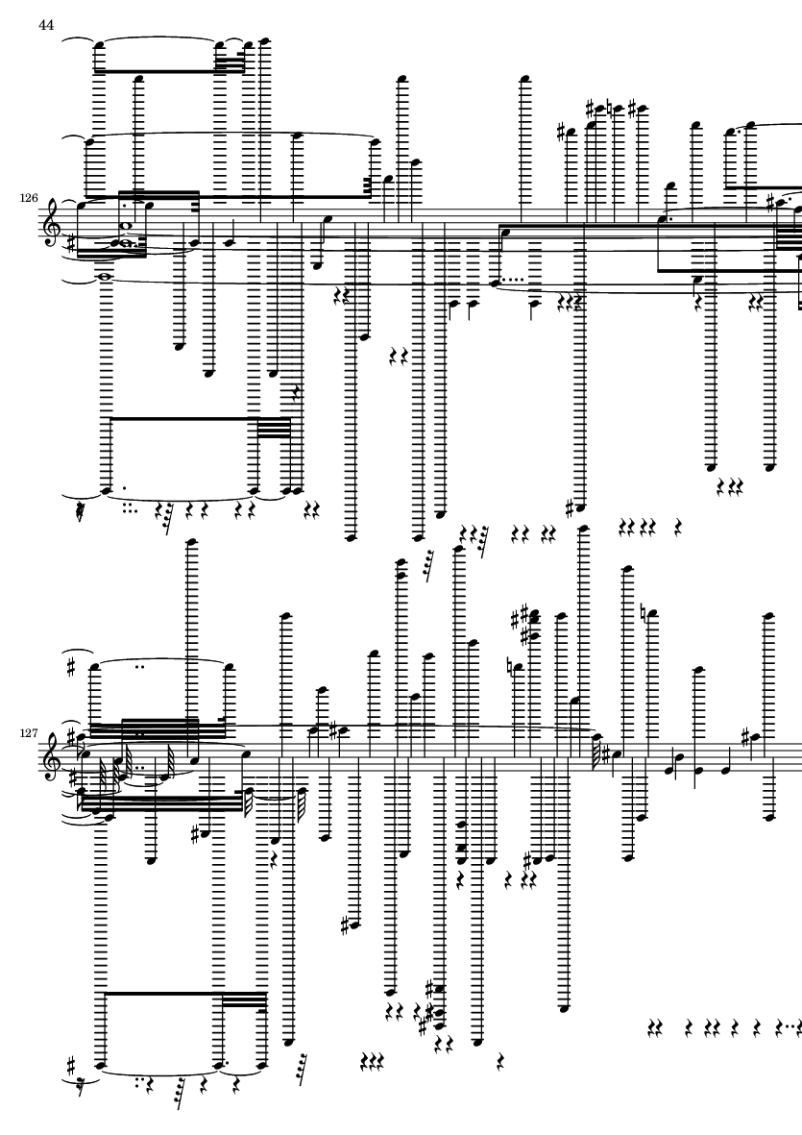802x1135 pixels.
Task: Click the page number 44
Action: (x=46, y=25)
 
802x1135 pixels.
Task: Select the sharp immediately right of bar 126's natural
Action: (x=633, y=109)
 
